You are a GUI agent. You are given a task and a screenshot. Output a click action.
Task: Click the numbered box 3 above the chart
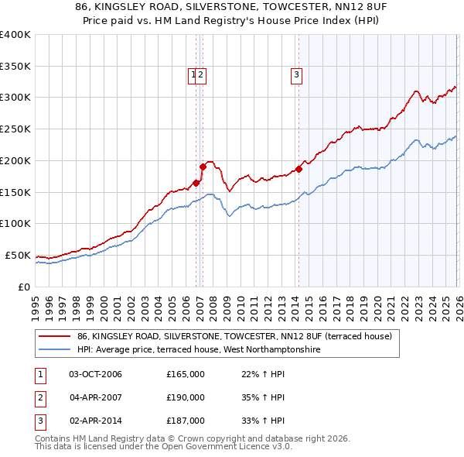pyautogui.click(x=296, y=75)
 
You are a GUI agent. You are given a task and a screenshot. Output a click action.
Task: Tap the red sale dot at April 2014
pyautogui.click(x=299, y=169)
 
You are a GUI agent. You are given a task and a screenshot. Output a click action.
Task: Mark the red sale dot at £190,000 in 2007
pyautogui.click(x=203, y=167)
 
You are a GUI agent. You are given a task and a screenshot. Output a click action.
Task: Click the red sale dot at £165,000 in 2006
pyautogui.click(x=196, y=183)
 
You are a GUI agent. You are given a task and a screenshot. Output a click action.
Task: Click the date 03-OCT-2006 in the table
pyautogui.click(x=95, y=375)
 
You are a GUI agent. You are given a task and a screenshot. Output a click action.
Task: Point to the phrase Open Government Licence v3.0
pyautogui.click(x=233, y=447)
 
